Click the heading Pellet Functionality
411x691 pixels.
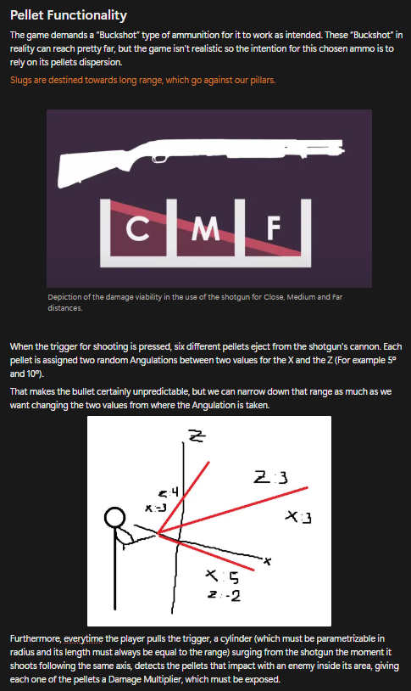click(68, 15)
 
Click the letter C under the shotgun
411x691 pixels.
click(137, 228)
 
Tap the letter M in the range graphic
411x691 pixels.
click(205, 228)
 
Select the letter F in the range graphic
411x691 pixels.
click(273, 228)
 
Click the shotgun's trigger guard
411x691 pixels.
click(159, 159)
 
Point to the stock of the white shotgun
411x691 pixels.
click(88, 168)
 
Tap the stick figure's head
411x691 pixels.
click(115, 518)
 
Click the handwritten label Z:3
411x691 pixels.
click(270, 477)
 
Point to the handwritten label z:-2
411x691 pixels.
click(224, 596)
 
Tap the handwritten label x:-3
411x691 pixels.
click(156, 508)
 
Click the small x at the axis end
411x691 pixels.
click(267, 561)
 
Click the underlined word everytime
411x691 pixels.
click(83, 638)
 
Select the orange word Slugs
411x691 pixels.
click(20, 80)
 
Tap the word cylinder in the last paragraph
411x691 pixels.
click(237, 638)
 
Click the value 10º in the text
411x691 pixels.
click(35, 374)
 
